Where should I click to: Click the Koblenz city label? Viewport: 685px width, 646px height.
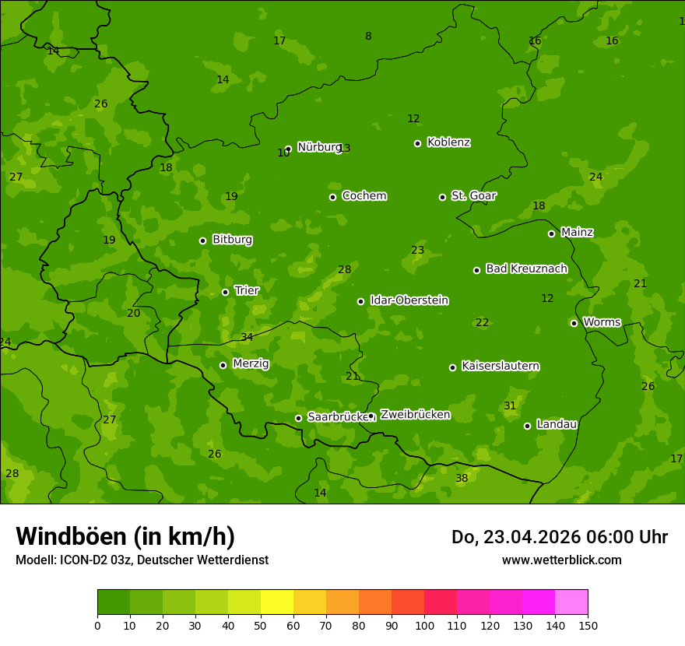tap(448, 142)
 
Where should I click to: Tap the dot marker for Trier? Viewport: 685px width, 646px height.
tap(225, 292)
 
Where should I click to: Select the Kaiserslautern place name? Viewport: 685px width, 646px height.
tap(501, 366)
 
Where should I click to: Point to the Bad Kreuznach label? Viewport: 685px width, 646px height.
tap(526, 269)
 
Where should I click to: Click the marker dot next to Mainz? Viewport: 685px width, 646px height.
tap(551, 233)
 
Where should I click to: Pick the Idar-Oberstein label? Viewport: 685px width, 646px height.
tap(409, 300)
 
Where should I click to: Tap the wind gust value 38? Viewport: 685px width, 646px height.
tap(462, 478)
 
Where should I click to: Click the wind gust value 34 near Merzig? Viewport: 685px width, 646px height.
tap(247, 337)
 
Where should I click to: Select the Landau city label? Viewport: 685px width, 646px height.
tap(557, 424)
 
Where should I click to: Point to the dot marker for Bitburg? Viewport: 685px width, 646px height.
tap(202, 240)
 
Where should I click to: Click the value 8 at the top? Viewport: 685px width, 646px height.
tap(368, 36)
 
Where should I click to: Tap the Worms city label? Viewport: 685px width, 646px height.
tap(602, 322)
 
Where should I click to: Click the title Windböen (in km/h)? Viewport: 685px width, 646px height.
tap(125, 536)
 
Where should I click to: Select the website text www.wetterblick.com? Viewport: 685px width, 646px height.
tap(561, 560)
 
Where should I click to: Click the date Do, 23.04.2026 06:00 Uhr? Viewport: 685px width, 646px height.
tap(559, 537)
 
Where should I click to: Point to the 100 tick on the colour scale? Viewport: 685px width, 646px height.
tap(424, 625)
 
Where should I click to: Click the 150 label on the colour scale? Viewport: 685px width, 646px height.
tap(588, 625)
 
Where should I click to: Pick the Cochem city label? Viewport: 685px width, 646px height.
tap(364, 195)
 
